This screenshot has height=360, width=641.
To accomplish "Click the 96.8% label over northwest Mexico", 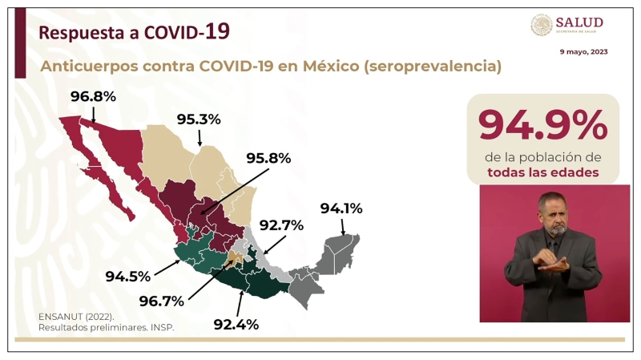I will click(93, 97).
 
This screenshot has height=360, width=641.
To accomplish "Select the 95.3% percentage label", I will click(199, 119).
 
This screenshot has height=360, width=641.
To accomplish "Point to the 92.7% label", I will click(280, 225).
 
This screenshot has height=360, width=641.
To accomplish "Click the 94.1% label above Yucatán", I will click(341, 208).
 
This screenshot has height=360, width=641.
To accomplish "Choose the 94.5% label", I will click(128, 277).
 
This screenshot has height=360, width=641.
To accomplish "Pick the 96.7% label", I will click(161, 301).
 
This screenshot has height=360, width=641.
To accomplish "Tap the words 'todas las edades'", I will click(542, 172).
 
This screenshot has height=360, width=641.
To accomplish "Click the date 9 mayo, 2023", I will click(583, 51).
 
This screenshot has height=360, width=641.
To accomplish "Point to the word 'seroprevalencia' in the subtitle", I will click(432, 67).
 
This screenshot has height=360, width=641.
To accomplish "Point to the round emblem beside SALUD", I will click(542, 25).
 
